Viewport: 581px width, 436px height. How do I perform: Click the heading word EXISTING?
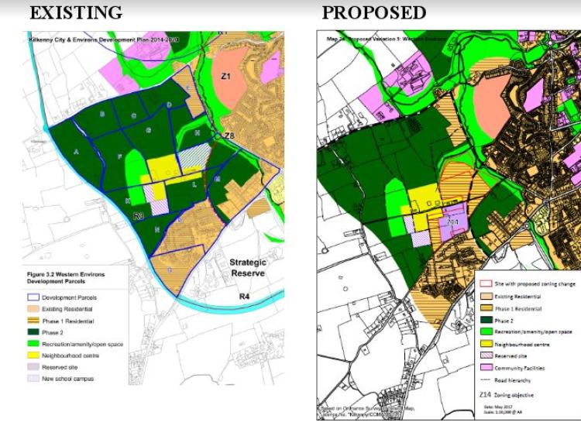coord(76,12)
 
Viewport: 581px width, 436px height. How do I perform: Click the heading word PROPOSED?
coord(373,12)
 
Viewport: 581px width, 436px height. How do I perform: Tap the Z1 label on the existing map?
coord(226,76)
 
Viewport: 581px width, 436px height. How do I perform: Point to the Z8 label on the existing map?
coord(229,136)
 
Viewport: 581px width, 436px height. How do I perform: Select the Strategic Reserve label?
coord(248,268)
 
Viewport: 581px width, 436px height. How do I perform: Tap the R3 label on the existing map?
coord(139,216)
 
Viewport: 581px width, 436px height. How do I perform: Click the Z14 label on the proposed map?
coord(453,222)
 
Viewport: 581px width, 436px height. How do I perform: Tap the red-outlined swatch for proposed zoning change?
coord(488,284)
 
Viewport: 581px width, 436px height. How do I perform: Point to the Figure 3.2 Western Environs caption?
coord(70,275)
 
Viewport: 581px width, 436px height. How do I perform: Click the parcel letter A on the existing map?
coord(77,153)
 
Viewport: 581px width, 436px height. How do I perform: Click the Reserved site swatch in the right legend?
coord(488,355)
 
